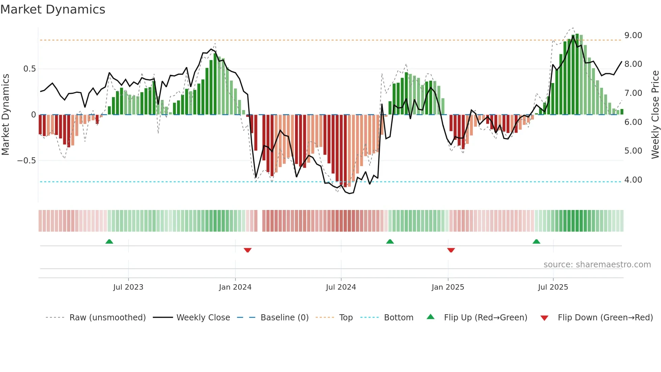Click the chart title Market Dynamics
(x=53, y=9)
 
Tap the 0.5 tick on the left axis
(x=29, y=69)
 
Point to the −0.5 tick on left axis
(x=27, y=161)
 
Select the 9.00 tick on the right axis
(x=633, y=35)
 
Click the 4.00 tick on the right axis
(x=633, y=180)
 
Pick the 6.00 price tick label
(x=633, y=122)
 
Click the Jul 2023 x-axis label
(x=128, y=287)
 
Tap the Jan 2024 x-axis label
(x=235, y=287)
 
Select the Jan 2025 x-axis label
(x=448, y=287)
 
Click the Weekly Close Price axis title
(x=655, y=115)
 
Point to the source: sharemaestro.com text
(x=597, y=265)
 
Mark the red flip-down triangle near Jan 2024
(x=248, y=250)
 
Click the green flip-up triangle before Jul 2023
(x=109, y=241)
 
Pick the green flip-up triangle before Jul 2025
(x=536, y=241)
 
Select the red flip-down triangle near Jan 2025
(x=451, y=250)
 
